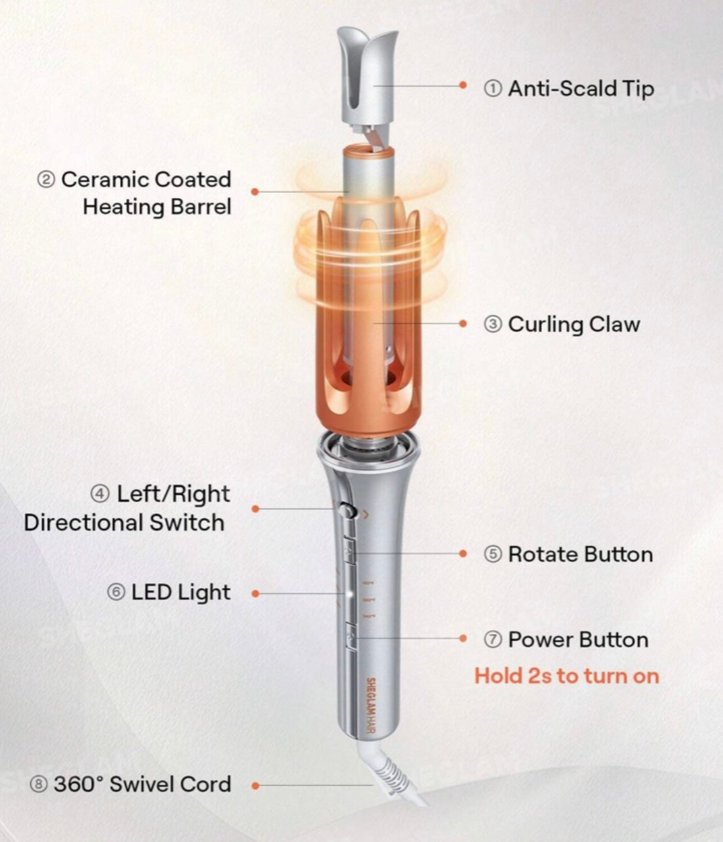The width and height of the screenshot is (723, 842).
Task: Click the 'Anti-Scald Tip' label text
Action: [x=581, y=89]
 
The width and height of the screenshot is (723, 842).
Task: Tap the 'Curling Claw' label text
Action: [x=574, y=325]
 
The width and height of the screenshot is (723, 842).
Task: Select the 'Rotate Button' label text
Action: [x=581, y=555]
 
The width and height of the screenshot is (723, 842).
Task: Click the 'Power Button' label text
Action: [x=578, y=640]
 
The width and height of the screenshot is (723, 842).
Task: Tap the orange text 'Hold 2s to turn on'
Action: [x=567, y=676]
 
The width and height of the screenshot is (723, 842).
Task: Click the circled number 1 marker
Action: [x=493, y=89]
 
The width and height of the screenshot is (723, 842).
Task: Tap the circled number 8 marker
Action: [x=38, y=784]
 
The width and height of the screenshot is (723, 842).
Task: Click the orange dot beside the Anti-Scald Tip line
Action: [x=463, y=85]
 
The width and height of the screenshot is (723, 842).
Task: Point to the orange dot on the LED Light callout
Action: [x=255, y=594]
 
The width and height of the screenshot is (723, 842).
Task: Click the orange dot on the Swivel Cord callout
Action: [x=255, y=786]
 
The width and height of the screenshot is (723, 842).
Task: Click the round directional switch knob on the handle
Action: [x=348, y=511]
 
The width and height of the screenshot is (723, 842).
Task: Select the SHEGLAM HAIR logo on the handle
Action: [x=371, y=705]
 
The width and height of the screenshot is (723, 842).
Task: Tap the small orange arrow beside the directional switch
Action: [x=366, y=515]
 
